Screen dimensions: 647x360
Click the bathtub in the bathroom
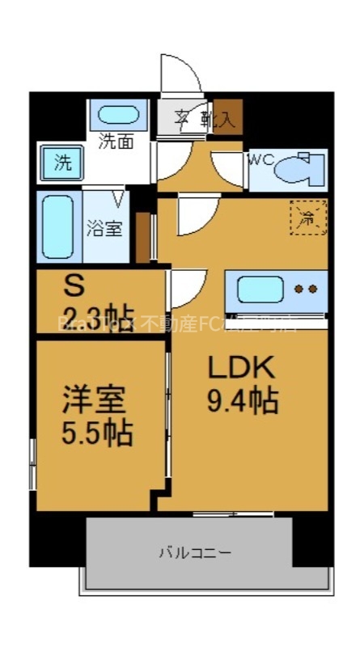[58, 228]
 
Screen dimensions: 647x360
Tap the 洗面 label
[116, 142]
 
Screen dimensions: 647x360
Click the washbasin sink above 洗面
[118, 116]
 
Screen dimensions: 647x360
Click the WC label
[260, 159]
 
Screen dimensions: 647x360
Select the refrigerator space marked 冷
[308, 217]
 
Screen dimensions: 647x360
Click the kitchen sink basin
[259, 289]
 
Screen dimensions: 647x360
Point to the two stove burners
[305, 289]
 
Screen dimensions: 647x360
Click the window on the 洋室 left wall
[32, 463]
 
